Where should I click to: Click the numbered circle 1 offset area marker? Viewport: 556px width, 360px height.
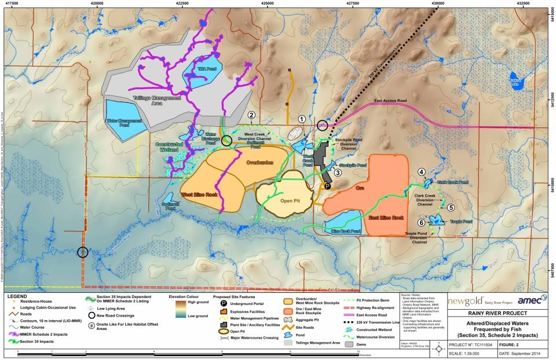click(301, 118)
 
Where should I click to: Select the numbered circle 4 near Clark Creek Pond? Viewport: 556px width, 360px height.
click(422, 172)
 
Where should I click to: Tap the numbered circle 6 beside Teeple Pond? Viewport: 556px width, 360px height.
click(422, 222)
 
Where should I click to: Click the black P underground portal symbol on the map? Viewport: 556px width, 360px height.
click(327, 186)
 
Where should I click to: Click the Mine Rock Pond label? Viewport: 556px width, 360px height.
click(346, 231)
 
